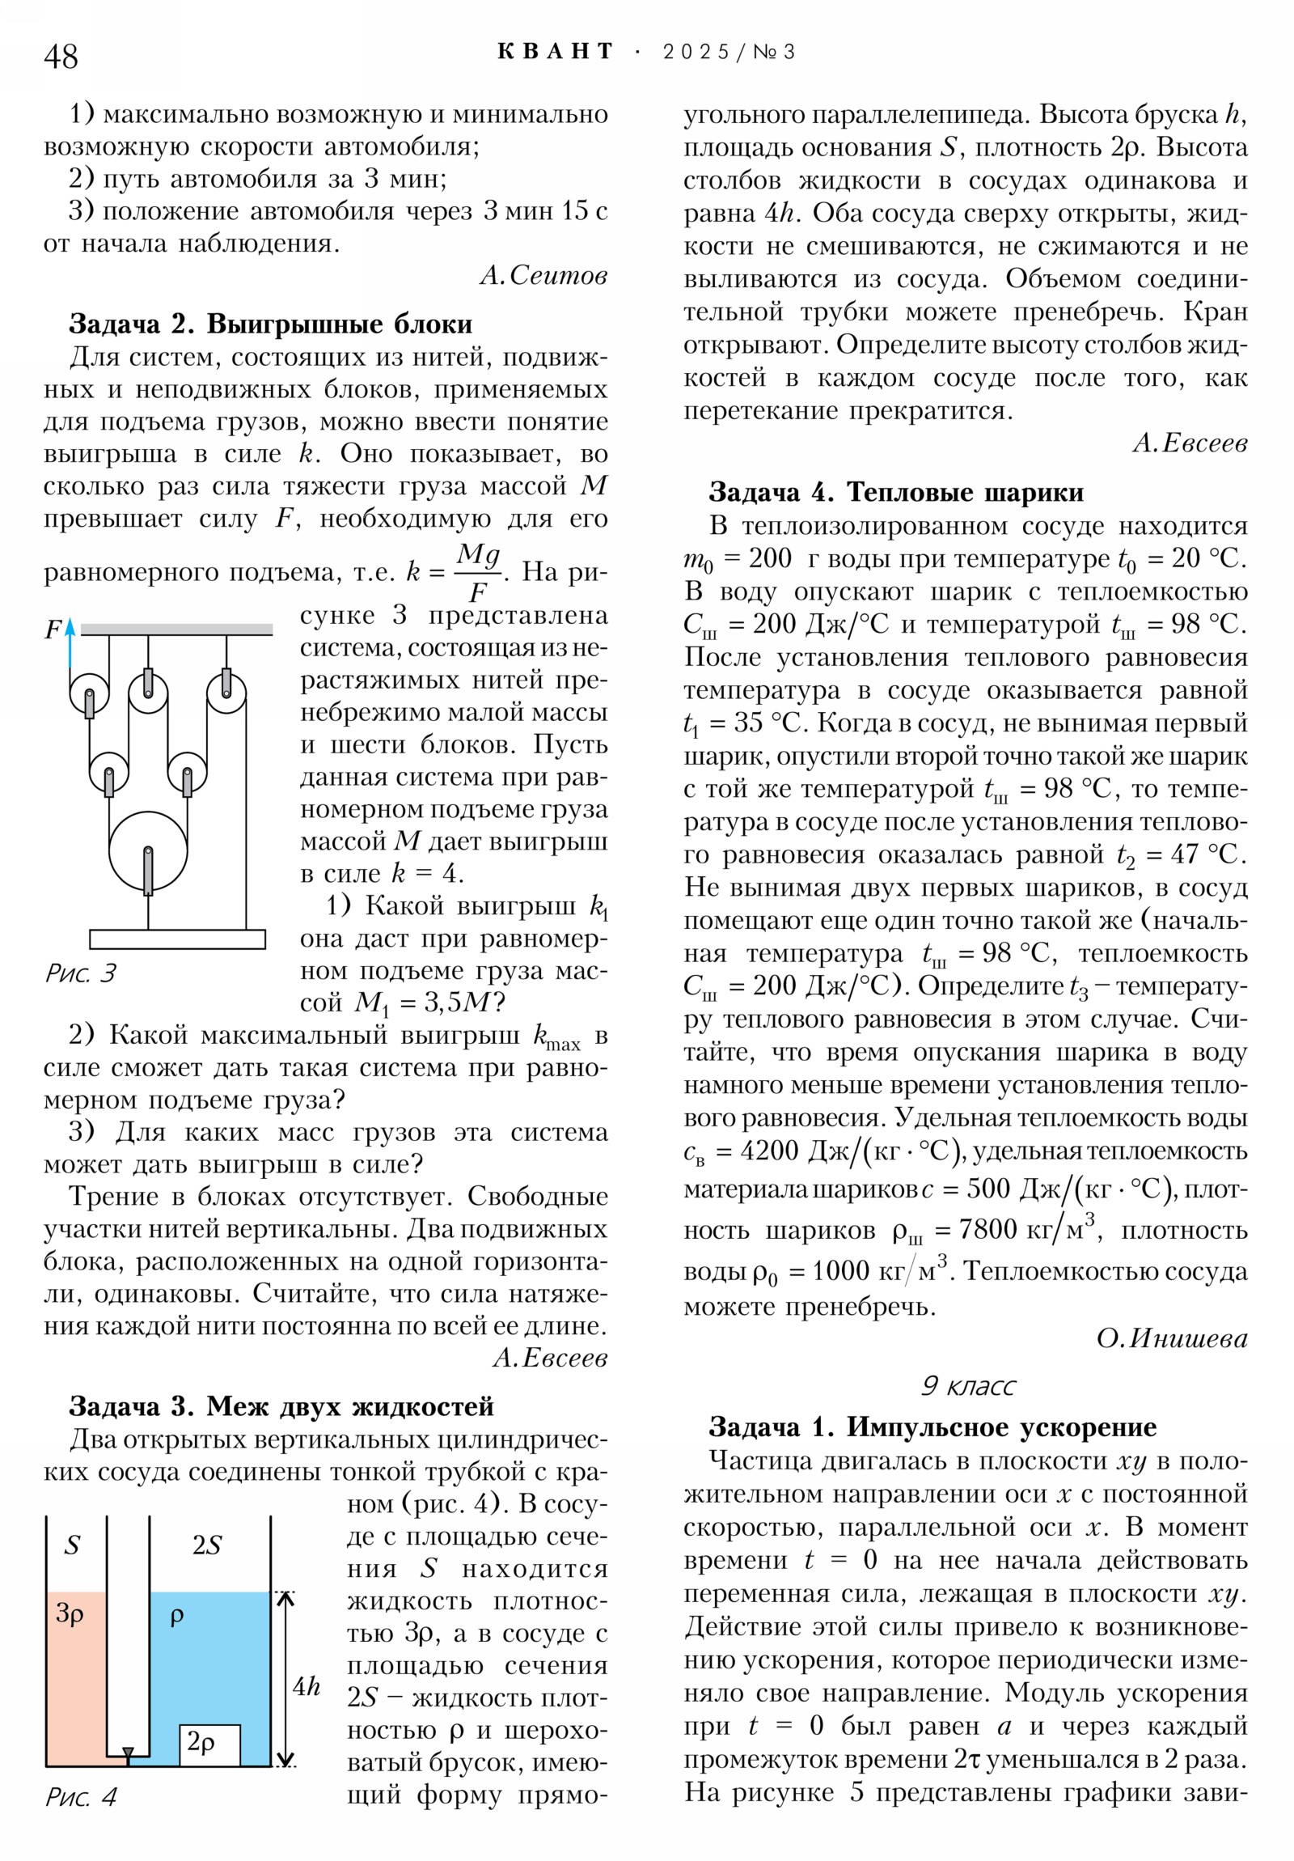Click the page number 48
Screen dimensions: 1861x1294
[x=61, y=57]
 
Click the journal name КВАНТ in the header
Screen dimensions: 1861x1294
[x=555, y=52]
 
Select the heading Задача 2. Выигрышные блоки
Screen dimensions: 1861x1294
[x=271, y=324]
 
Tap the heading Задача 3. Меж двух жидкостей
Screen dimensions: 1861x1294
[x=281, y=1405]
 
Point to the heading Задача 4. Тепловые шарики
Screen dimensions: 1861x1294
[x=895, y=492]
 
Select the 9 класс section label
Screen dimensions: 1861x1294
[x=967, y=1385]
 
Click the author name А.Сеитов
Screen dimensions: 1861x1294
[x=543, y=276]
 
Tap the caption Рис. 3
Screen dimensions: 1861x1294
[x=81, y=973]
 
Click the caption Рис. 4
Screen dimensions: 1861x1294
[x=81, y=1797]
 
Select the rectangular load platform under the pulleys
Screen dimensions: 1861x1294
[x=176, y=939]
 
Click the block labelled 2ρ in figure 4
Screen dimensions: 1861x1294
[x=209, y=1742]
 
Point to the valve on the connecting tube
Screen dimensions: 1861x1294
[x=128, y=1755]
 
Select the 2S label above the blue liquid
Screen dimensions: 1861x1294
[x=206, y=1545]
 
